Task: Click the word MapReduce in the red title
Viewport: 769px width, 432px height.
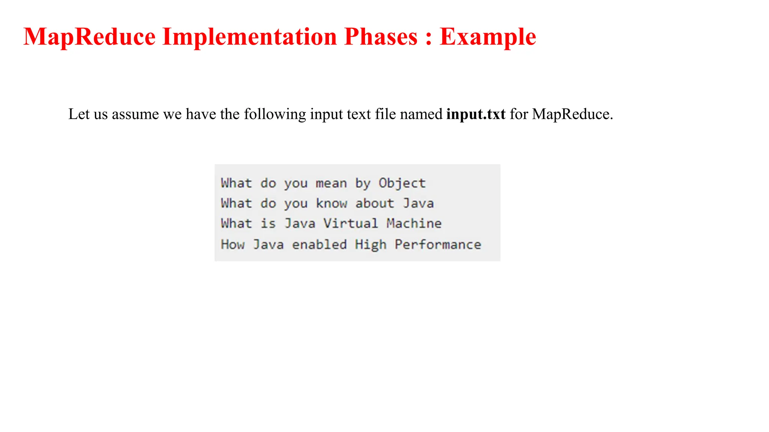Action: pyautogui.click(x=89, y=37)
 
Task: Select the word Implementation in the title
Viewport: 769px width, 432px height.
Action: pyautogui.click(x=250, y=37)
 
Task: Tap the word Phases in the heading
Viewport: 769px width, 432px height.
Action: pyautogui.click(x=381, y=37)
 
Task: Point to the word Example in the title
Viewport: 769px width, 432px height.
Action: pyautogui.click(x=488, y=37)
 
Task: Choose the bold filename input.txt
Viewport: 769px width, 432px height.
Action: pyautogui.click(x=476, y=114)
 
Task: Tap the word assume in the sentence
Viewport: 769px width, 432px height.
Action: pyautogui.click(x=136, y=114)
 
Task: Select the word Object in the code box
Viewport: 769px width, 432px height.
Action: pyautogui.click(x=402, y=183)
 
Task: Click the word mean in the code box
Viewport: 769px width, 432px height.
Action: pyautogui.click(x=331, y=183)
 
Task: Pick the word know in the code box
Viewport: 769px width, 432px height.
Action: pyautogui.click(x=331, y=204)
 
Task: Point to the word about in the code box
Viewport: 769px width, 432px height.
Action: pyautogui.click(x=375, y=204)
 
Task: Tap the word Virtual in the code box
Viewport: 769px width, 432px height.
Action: pyautogui.click(x=351, y=223)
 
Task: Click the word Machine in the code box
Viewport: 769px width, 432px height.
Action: pyautogui.click(x=414, y=223)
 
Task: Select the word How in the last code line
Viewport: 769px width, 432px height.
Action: pyautogui.click(x=233, y=244)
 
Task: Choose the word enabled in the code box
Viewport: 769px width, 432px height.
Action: pyautogui.click(x=320, y=244)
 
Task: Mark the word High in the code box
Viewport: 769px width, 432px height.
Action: pyautogui.click(x=371, y=244)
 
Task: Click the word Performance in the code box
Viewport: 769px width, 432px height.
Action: pyautogui.click(x=438, y=244)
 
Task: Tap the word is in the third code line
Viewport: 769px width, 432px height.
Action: pyautogui.click(x=268, y=223)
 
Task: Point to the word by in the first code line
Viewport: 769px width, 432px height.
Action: pyautogui.click(x=363, y=183)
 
